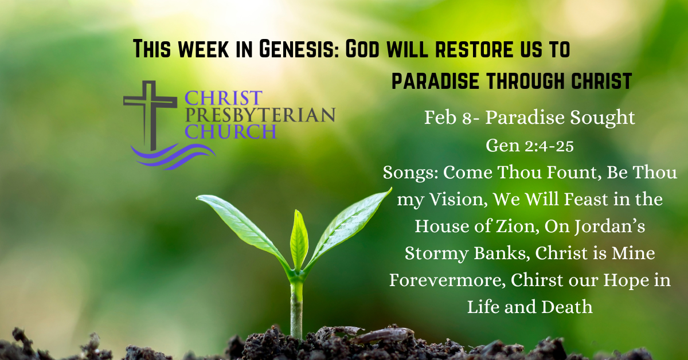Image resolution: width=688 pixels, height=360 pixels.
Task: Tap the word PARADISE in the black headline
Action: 436,81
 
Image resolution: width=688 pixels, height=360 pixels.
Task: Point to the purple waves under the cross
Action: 174,156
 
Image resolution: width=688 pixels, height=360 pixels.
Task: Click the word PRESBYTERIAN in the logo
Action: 260,115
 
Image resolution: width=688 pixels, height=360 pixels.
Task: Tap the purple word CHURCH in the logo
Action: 230,131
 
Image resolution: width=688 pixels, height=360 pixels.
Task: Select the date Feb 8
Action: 447,118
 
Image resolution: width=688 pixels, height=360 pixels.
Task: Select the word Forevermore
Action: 447,280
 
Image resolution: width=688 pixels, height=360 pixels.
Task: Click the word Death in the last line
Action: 566,307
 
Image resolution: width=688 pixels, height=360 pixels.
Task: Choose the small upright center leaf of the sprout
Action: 299,240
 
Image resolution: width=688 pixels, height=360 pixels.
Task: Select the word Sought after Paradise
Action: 603,118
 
